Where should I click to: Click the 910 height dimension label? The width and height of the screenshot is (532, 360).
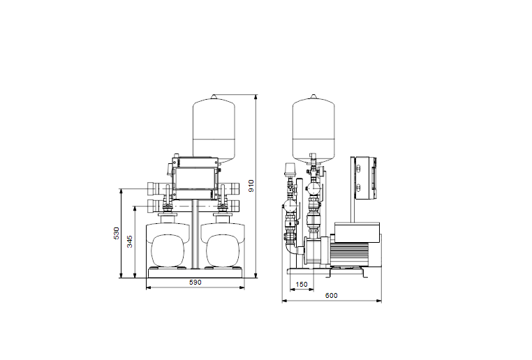click(251, 186)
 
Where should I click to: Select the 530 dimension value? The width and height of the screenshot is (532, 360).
click(117, 233)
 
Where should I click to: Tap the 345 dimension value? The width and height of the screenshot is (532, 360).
click(130, 241)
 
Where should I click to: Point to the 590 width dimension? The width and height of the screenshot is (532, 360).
click(196, 283)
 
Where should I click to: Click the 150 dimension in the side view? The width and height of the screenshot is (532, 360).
click(301, 285)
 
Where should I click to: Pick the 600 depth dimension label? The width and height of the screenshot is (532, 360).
click(332, 296)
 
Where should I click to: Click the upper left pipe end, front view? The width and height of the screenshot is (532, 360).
click(152, 189)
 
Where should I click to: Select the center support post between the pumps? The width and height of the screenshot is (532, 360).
click(195, 237)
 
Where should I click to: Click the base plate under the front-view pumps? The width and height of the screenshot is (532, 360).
click(195, 273)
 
